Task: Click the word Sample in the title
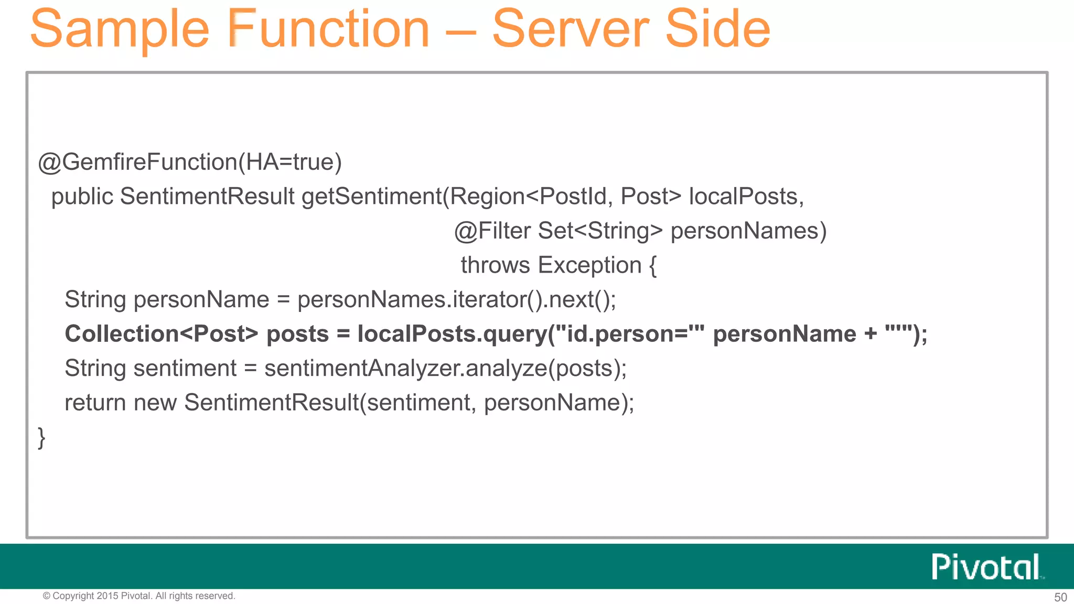120,29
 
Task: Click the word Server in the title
571,29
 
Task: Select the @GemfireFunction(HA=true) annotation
190,162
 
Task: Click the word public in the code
82,197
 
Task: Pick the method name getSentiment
371,197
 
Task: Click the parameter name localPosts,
746,197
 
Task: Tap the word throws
495,265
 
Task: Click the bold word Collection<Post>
162,334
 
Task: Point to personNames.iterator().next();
456,300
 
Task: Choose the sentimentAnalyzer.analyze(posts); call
445,369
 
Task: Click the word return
95,403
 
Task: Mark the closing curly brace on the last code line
41,437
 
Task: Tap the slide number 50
1060,597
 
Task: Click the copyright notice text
139,596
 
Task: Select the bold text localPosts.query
452,334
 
